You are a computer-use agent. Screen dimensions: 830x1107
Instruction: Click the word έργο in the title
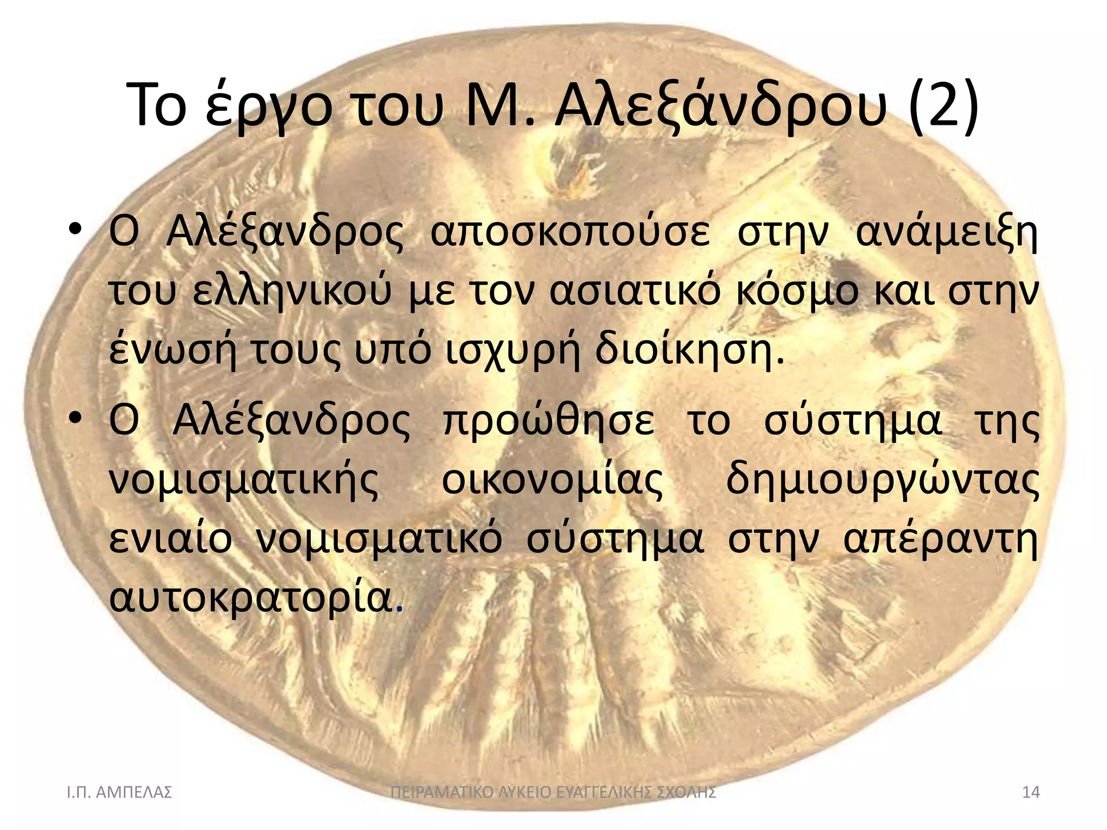269,108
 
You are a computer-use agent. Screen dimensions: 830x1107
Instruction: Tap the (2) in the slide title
944,105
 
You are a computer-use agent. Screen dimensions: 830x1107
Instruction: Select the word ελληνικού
292,292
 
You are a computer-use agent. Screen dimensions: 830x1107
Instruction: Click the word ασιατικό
636,292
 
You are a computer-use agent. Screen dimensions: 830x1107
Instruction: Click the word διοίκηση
689,351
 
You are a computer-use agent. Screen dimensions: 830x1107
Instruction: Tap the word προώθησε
549,421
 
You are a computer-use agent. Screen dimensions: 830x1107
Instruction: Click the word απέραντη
941,540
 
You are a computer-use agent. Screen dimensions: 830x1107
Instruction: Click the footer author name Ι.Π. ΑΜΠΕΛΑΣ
119,793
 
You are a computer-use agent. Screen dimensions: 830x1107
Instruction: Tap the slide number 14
1031,793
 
